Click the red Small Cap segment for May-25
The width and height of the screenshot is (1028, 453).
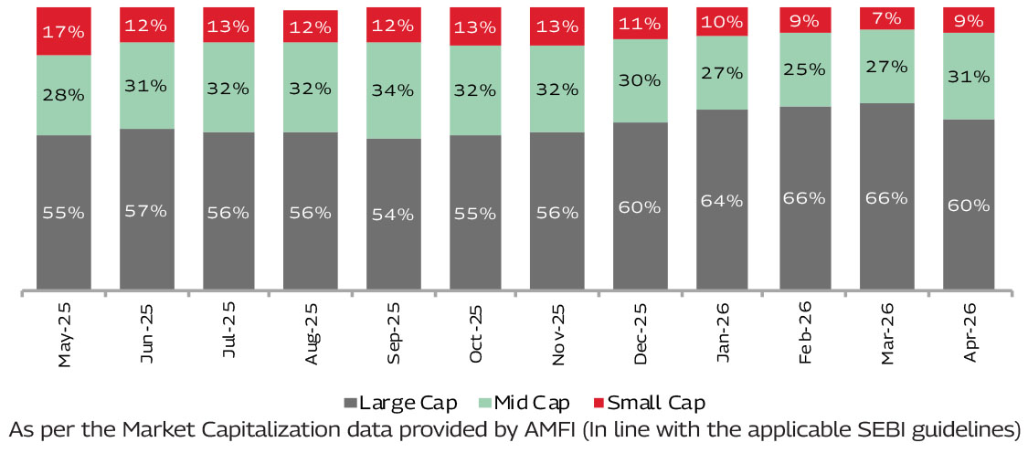[x=64, y=31]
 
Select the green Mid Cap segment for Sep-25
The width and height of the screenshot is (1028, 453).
[x=393, y=90]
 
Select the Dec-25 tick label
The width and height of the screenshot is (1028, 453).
[x=641, y=333]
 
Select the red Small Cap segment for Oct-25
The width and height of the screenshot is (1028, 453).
[x=477, y=26]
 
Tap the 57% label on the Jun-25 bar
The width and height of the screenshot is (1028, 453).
[x=146, y=210]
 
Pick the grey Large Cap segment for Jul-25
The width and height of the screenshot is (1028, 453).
[x=228, y=211]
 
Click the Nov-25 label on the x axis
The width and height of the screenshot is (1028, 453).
[x=558, y=333]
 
